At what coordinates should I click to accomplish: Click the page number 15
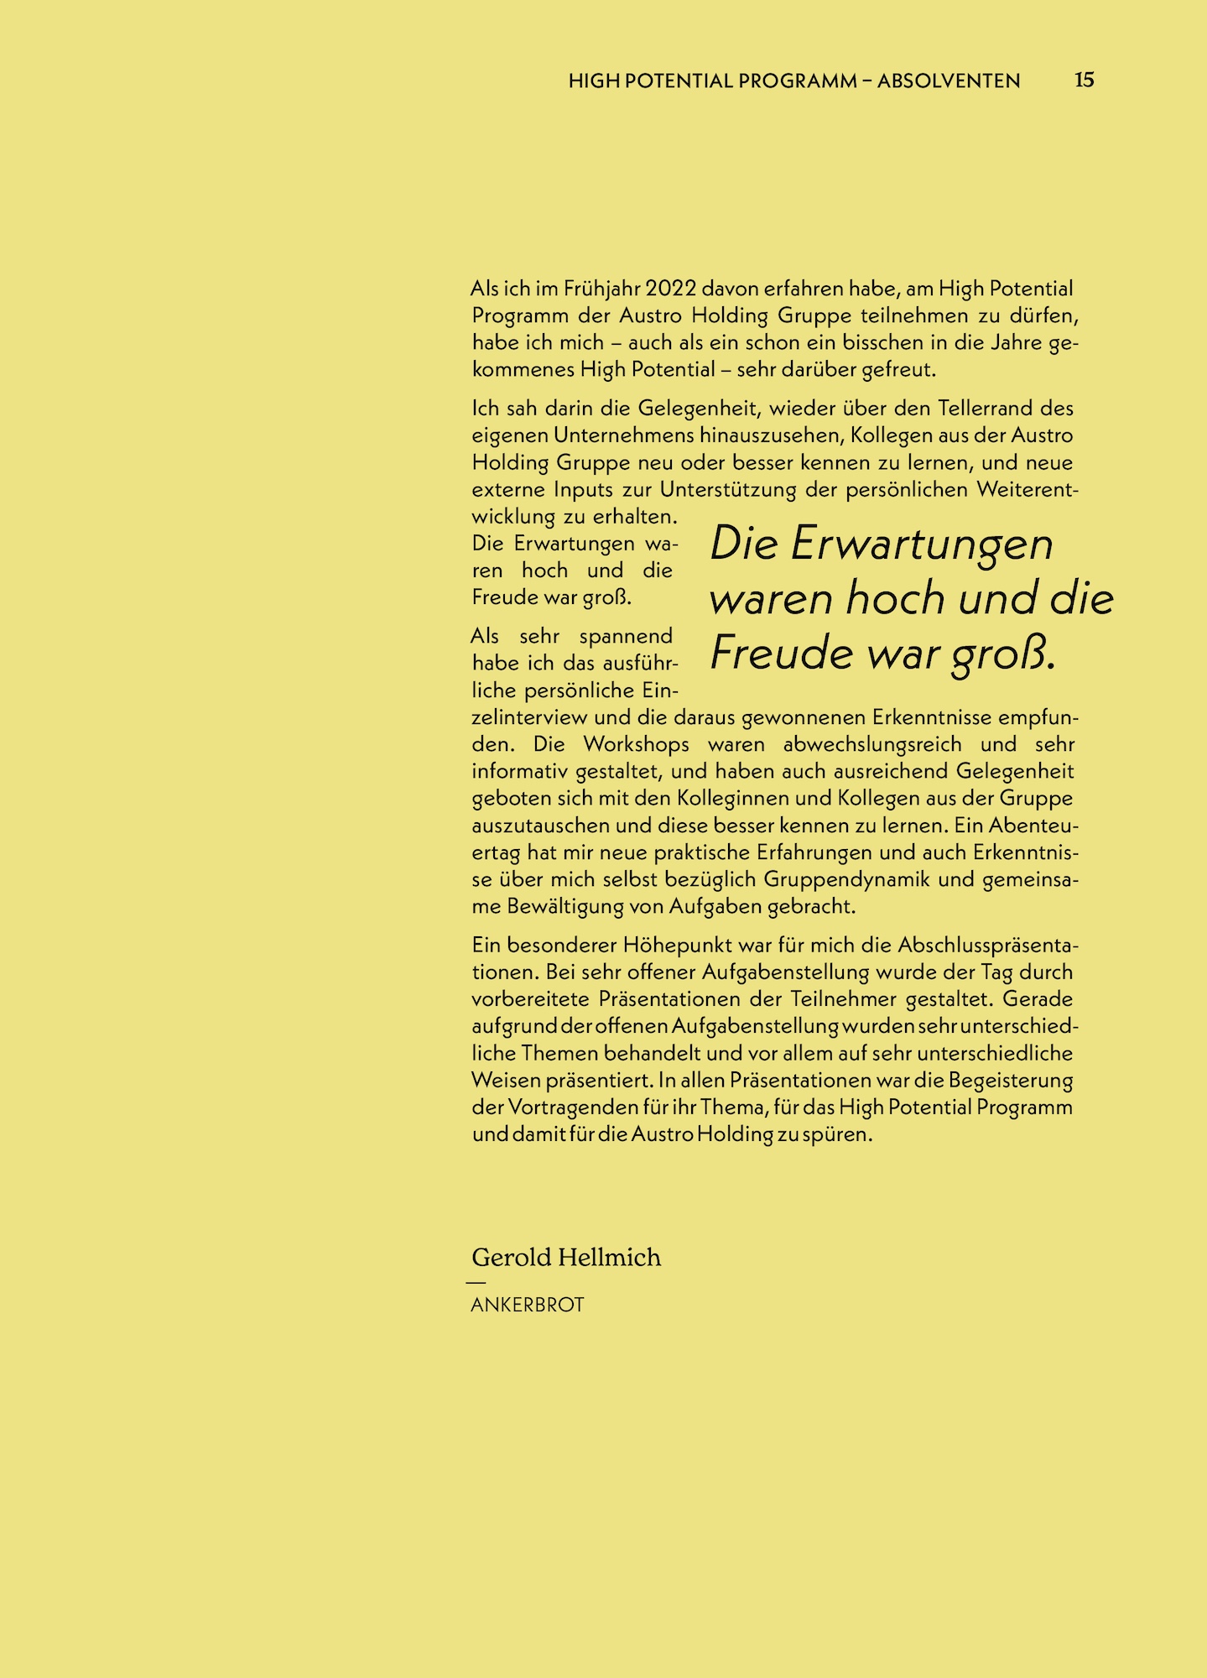(1084, 80)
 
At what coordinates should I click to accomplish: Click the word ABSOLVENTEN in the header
(949, 81)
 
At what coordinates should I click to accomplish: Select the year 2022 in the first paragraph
(671, 289)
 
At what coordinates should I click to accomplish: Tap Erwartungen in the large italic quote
(921, 545)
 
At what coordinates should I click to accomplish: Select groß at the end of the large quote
(1003, 655)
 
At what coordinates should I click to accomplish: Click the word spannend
(626, 636)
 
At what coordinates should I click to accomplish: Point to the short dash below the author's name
(476, 1282)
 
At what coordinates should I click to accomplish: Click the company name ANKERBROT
(528, 1305)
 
